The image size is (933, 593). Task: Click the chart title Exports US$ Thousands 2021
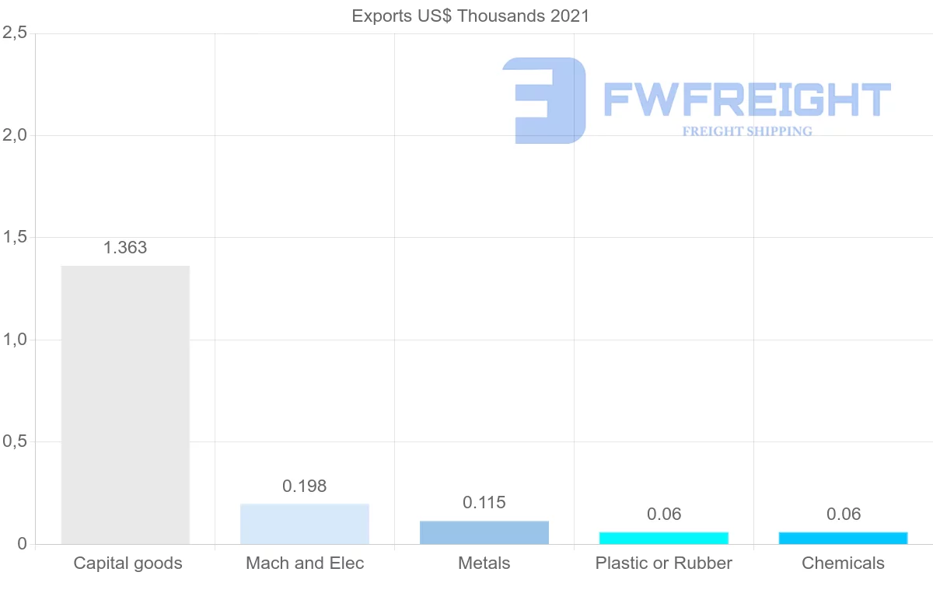pyautogui.click(x=470, y=16)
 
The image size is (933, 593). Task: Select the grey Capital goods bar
pyautogui.click(x=125, y=404)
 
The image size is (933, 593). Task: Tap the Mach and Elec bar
pyautogui.click(x=305, y=524)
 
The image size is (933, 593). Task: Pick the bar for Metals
pyautogui.click(x=484, y=532)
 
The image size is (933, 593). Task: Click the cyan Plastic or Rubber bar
pyautogui.click(x=664, y=538)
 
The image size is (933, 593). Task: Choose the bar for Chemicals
pyautogui.click(x=843, y=538)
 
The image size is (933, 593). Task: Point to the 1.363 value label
pyautogui.click(x=125, y=248)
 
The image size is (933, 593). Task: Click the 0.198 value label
pyautogui.click(x=305, y=487)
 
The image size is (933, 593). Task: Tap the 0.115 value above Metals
pyautogui.click(x=484, y=503)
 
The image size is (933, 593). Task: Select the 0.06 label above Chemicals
pyautogui.click(x=843, y=514)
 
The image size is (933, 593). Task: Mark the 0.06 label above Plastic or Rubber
pyautogui.click(x=664, y=514)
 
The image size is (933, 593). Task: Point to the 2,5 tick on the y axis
pyautogui.click(x=15, y=33)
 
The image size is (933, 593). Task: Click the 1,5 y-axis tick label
pyautogui.click(x=15, y=237)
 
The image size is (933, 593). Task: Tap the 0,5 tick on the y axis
pyautogui.click(x=15, y=441)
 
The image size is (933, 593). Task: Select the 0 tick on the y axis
pyautogui.click(x=22, y=544)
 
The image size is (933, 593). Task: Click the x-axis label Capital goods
pyautogui.click(x=128, y=563)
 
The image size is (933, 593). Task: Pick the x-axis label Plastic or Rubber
pyautogui.click(x=664, y=563)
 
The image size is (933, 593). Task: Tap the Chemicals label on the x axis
pyautogui.click(x=843, y=563)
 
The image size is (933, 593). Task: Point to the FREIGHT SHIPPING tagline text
pyautogui.click(x=747, y=131)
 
